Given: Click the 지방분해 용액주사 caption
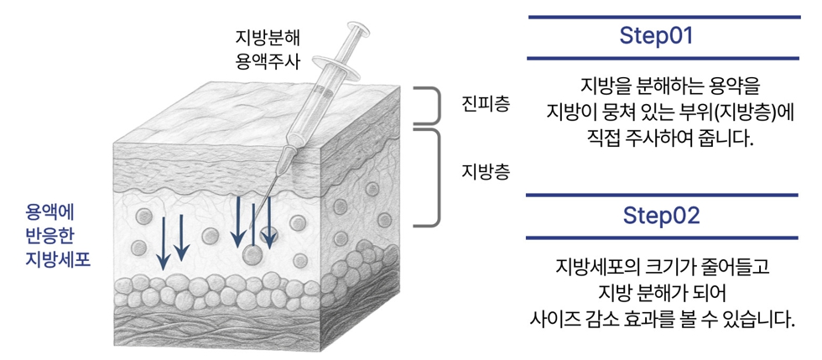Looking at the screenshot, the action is tap(267, 49).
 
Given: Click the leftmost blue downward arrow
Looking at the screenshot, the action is tap(163, 243).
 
